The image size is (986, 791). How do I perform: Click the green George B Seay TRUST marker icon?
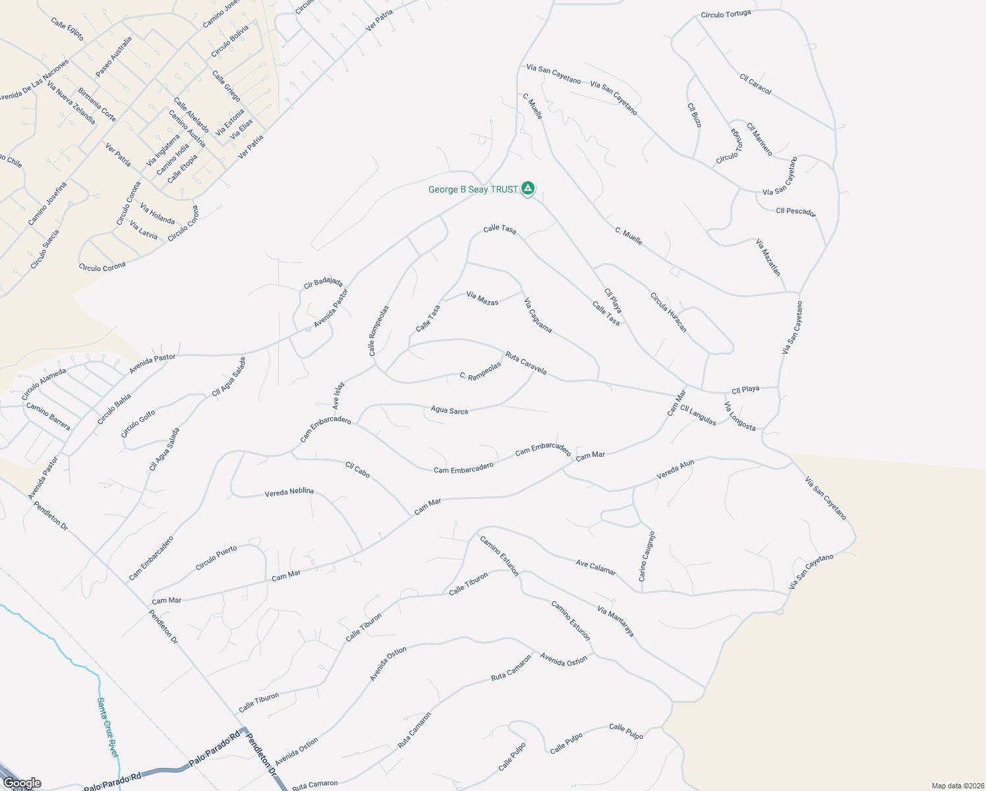[x=527, y=189]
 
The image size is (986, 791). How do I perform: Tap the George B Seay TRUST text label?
[x=473, y=190]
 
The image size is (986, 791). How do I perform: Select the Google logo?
[x=22, y=783]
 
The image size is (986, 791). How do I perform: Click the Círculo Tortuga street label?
[x=726, y=14]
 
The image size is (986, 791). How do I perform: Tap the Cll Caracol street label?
[x=755, y=84]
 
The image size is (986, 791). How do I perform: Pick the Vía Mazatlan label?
[x=768, y=257]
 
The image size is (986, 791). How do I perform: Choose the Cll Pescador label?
[x=796, y=212]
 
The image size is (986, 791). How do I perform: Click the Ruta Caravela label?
[x=525, y=363]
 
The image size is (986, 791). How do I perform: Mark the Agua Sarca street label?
[x=449, y=410]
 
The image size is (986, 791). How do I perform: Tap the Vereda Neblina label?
[x=289, y=492]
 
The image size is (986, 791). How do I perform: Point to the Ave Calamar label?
[x=596, y=567]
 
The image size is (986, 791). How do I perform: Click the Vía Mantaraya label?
[x=616, y=621]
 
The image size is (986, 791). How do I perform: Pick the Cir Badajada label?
[x=323, y=283]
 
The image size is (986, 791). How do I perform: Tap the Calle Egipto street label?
[x=67, y=29]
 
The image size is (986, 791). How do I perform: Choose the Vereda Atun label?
[x=676, y=469]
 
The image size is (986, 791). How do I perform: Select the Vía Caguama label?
[x=538, y=315]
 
